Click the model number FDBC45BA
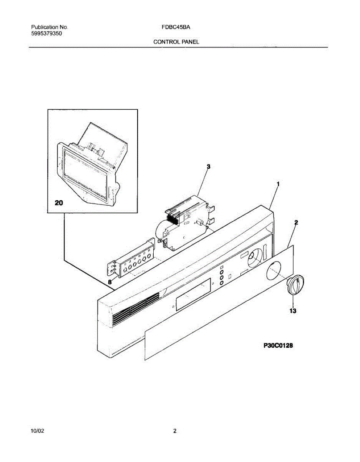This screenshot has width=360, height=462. tap(176, 28)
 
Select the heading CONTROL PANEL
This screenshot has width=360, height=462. tap(176, 42)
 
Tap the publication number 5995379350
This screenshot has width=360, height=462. tap(47, 33)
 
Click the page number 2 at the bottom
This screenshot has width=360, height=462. tap(175, 432)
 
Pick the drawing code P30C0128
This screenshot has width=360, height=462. tap(278, 346)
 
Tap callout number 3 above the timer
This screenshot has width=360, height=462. tap(208, 166)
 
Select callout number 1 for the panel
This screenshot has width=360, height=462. tap(278, 184)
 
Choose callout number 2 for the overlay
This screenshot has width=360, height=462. tap(296, 223)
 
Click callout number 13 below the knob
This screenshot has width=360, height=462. tap(293, 311)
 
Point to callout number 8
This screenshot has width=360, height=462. tap(110, 282)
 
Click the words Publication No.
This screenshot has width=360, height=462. tap(49, 28)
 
